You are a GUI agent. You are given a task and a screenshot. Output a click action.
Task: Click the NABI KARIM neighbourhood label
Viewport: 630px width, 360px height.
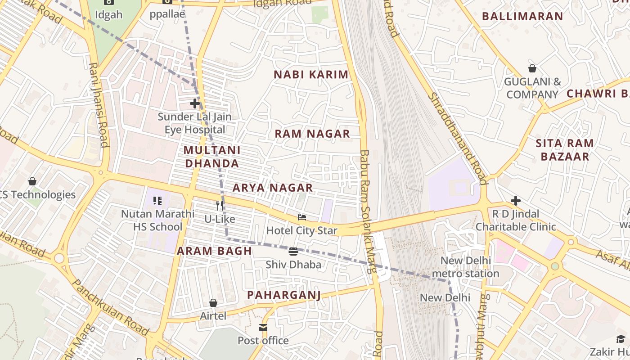click(311, 75)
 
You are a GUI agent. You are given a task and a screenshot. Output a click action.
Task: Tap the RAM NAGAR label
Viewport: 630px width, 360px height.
click(312, 134)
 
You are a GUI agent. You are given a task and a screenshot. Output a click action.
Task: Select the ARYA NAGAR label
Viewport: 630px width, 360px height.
click(273, 188)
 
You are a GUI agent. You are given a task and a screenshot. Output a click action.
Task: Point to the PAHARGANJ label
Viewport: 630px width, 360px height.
click(284, 295)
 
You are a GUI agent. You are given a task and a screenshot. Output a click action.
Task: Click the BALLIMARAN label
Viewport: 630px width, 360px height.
click(522, 17)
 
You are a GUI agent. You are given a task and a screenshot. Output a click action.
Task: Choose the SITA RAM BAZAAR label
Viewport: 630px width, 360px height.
click(565, 150)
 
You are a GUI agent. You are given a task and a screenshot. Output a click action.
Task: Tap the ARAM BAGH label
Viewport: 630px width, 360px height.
click(214, 251)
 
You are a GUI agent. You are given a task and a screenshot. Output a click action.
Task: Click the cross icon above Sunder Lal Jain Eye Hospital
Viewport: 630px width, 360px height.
click(195, 104)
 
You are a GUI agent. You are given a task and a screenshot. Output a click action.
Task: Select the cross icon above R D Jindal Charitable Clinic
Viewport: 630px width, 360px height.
click(516, 201)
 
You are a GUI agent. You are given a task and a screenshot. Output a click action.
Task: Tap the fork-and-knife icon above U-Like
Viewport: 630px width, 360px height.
click(220, 206)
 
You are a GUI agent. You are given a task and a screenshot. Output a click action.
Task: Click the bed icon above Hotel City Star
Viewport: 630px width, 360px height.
click(302, 217)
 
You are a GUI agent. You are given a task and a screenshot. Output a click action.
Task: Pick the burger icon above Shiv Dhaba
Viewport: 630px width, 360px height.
click(293, 251)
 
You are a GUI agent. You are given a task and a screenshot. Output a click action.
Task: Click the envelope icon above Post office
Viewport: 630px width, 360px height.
click(263, 327)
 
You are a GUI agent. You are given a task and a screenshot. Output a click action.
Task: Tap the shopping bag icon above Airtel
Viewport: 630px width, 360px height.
click(213, 303)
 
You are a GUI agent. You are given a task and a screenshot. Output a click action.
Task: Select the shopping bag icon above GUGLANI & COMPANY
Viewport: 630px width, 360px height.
click(532, 69)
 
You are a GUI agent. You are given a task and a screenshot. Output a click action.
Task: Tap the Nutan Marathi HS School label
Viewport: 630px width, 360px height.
click(157, 220)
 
